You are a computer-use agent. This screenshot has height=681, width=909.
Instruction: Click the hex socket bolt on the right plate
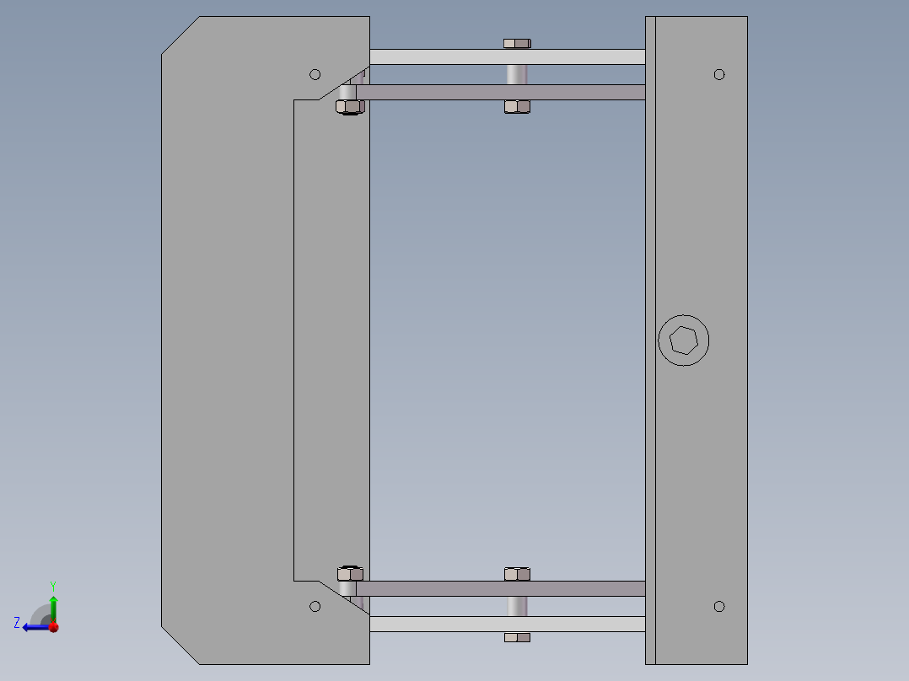point(683,340)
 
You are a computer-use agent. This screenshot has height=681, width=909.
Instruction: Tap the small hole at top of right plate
point(719,74)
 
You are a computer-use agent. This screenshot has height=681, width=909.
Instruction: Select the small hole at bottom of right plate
point(719,606)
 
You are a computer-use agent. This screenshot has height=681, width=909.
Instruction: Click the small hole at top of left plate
point(315,74)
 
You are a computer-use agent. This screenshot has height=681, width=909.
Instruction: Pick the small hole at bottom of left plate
point(315,606)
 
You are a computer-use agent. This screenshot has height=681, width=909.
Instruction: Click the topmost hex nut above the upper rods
point(517,42)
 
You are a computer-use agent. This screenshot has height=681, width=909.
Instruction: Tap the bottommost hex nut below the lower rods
point(517,637)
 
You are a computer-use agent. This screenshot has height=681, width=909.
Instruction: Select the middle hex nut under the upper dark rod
point(517,106)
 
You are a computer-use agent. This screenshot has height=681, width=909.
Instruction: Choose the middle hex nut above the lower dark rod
point(517,574)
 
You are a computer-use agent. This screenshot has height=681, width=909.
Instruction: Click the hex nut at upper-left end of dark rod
point(349,106)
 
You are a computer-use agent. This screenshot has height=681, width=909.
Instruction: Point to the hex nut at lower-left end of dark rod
point(349,574)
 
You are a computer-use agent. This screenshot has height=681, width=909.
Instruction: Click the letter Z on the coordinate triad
point(17,622)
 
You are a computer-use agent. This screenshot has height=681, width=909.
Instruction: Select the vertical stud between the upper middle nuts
point(517,74)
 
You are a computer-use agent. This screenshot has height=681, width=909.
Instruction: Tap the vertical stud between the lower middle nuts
point(517,606)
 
